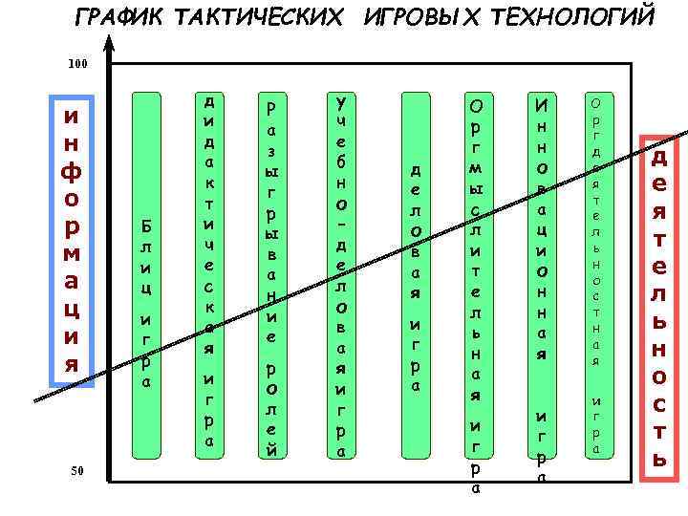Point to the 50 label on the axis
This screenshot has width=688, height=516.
click(x=78, y=470)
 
